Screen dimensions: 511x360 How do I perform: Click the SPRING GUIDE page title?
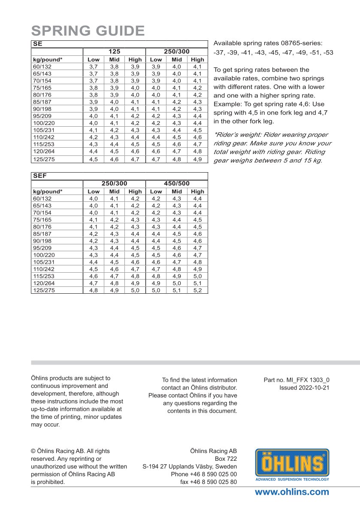coord(88,31)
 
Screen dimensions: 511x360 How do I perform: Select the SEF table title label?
coord(39,176)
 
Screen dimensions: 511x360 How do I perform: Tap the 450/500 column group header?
coord(177,183)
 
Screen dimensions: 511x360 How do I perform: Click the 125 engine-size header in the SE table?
coord(114,51)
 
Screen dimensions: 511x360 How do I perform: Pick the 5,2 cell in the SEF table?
coord(197,290)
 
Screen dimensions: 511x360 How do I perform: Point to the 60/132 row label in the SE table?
coord(42,67)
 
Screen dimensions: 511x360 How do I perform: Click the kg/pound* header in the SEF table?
coord(48,192)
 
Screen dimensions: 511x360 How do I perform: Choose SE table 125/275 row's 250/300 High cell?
coord(197,159)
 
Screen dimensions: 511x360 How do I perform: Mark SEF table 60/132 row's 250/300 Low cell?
coord(93,199)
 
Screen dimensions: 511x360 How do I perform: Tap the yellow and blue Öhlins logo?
coord(292,463)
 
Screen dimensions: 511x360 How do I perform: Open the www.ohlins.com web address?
coord(292,492)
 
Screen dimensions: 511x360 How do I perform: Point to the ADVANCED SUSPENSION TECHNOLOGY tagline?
coord(292,479)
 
